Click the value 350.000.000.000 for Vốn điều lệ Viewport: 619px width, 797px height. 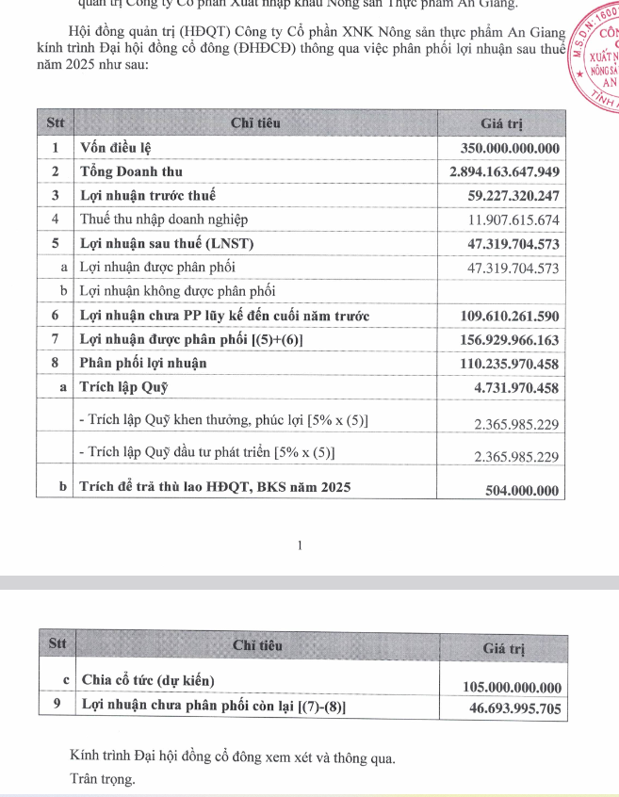click(511, 148)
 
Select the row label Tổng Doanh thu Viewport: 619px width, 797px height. click(132, 171)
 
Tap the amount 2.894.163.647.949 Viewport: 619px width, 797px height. click(505, 171)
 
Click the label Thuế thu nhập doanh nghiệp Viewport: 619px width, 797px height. click(164, 220)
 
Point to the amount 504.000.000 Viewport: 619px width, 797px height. click(521, 490)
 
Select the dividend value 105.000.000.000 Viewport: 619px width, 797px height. click(513, 687)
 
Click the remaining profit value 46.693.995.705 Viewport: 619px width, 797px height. click(514, 708)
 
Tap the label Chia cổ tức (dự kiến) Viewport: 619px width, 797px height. click(148, 680)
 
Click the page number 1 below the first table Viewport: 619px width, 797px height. click(301, 544)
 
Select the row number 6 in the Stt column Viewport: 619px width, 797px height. click(56, 315)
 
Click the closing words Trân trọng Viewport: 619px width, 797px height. click(103, 779)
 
